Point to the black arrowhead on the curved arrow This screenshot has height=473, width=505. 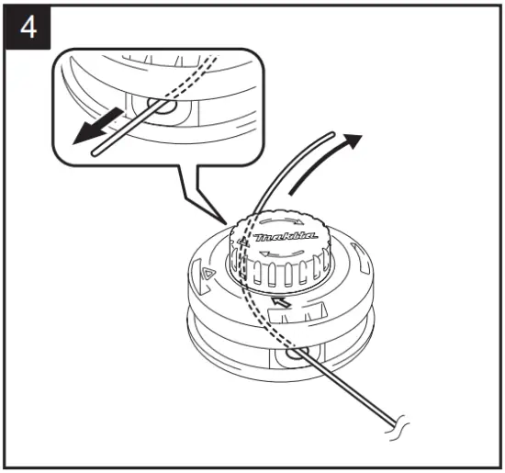coord(352,143)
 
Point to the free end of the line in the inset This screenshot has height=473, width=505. coord(95,155)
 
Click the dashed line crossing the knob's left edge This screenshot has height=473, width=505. coord(241,257)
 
